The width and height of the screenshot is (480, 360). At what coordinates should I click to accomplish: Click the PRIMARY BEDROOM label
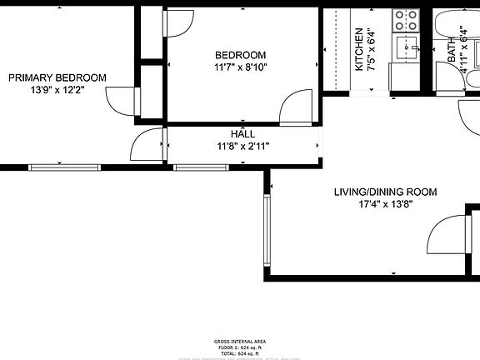tap(57, 77)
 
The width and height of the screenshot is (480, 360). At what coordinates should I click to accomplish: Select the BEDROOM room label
tap(240, 55)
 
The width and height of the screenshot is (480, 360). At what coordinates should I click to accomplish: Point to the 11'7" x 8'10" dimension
tap(240, 67)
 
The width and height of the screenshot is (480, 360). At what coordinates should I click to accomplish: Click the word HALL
tap(242, 134)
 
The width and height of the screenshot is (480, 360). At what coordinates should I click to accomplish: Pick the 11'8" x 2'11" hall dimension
tap(242, 146)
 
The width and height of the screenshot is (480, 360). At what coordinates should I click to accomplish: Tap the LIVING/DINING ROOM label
tap(373, 192)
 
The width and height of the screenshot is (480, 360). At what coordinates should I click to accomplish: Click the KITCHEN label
tap(360, 49)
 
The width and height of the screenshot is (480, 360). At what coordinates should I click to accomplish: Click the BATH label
tap(452, 51)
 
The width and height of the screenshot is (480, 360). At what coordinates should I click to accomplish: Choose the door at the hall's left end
tap(147, 146)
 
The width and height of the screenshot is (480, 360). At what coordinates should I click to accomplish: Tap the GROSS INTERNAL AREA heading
tap(239, 342)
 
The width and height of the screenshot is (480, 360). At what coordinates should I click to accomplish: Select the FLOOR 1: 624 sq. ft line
tap(239, 348)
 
